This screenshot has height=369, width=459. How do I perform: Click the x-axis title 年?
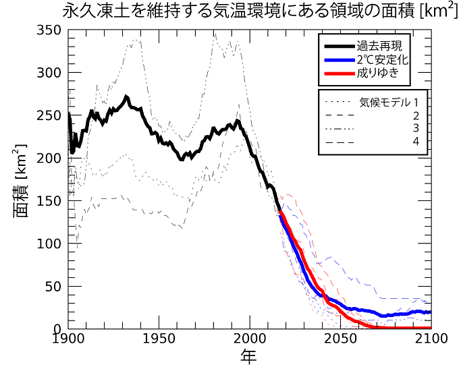[249, 357]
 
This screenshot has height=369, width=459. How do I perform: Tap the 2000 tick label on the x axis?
[250, 339]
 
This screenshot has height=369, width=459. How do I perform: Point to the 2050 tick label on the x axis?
[341, 339]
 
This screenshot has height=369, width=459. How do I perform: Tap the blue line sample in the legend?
[344, 59]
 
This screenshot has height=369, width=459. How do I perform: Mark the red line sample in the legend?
[344, 72]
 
